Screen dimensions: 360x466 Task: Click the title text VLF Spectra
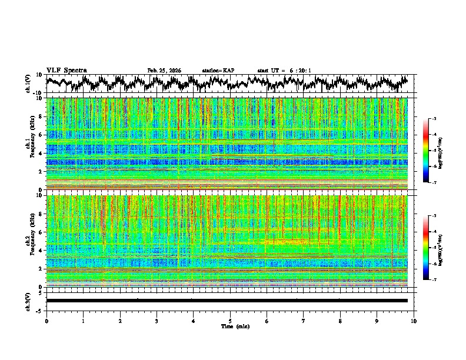pos(66,71)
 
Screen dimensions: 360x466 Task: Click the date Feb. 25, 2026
pos(164,71)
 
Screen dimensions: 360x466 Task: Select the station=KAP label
pos(218,71)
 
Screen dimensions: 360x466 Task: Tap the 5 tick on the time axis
pos(230,321)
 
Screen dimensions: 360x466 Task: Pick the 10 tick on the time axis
pos(414,321)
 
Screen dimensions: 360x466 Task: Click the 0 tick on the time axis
pos(46,321)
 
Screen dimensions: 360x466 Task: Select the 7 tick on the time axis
pos(304,321)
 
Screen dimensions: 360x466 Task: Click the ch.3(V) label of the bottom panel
pos(28,301)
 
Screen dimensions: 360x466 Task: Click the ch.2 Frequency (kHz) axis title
pos(31,241)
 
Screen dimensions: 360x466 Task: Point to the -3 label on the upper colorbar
pos(439,119)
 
